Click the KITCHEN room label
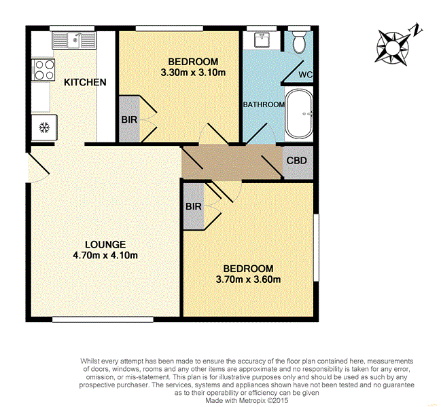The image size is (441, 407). click(85, 83)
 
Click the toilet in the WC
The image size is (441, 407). click(298, 42)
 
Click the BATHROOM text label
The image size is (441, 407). click(264, 104)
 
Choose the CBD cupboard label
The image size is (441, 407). click(297, 161)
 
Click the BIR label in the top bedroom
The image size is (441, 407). click(128, 120)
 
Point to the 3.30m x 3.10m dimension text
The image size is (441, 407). click(193, 72)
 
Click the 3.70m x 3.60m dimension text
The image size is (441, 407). click(248, 279)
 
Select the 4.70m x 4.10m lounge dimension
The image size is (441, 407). click(105, 256)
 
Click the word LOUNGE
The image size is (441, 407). click(105, 244)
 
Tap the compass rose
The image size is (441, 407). click(393, 46)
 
